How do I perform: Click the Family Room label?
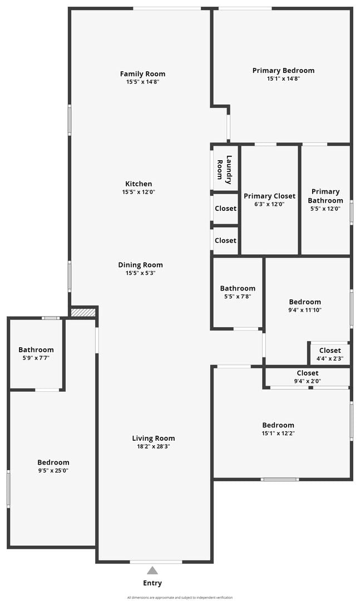142,74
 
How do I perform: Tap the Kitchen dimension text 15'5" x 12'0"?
139,192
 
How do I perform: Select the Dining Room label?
140,265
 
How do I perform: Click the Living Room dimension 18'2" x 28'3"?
154,446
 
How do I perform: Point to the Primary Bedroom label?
283,71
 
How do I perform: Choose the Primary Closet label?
269,196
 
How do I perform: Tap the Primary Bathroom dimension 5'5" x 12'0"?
326,209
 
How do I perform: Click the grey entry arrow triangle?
152,571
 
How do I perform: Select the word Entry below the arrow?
152,583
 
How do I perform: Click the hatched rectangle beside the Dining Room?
83,312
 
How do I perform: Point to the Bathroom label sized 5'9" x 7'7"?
36,349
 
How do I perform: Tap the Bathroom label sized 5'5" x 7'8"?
238,288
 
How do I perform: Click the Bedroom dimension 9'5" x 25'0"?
53,471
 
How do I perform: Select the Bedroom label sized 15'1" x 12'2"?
278,425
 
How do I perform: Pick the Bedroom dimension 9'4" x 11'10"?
305,310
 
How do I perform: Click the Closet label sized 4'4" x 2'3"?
330,351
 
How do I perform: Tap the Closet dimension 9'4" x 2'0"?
308,381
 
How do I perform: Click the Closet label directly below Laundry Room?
225,209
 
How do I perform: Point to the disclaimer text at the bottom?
180,598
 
